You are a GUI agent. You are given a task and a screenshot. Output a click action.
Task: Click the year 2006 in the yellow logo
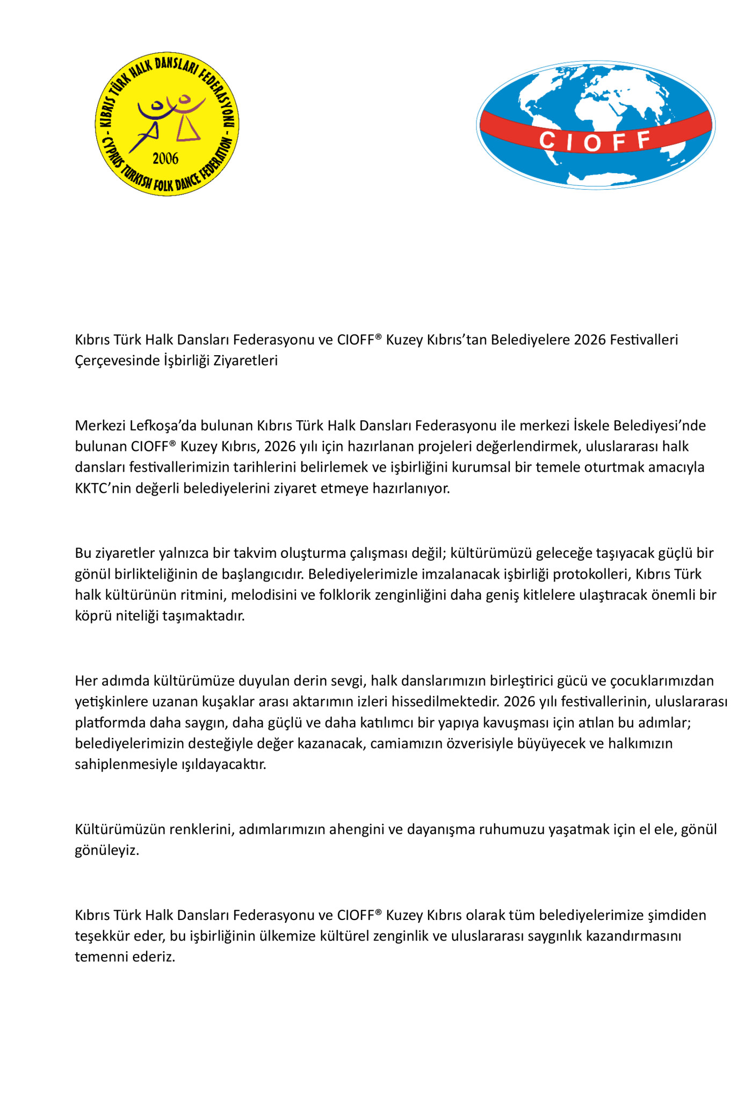pos(165,159)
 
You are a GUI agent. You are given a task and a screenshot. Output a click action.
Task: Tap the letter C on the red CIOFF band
pos(547,141)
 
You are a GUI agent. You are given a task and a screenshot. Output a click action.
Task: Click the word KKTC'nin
pos(100,488)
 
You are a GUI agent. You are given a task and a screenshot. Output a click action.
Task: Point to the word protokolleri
pos(592,574)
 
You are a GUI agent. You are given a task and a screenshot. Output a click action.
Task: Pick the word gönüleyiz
pos(106,851)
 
